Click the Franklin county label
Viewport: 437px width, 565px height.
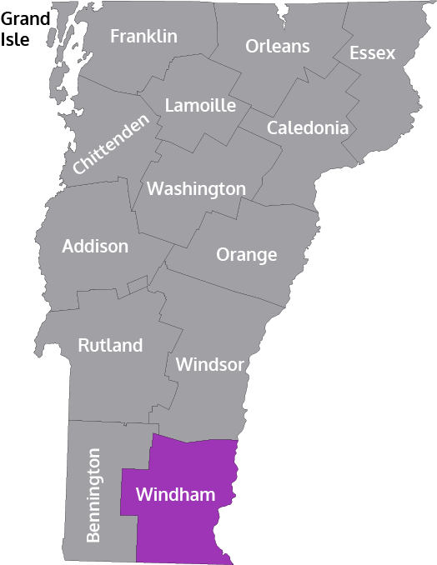(143, 37)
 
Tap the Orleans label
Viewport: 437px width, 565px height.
(278, 47)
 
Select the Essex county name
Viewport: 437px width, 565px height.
(372, 53)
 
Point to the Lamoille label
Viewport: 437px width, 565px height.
(200, 106)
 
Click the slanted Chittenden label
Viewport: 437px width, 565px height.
(110, 143)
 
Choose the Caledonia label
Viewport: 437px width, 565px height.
(307, 128)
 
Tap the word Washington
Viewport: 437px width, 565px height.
(196, 189)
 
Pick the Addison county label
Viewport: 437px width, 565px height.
(95, 247)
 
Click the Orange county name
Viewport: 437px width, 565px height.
(247, 255)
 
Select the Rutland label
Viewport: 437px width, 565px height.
(110, 345)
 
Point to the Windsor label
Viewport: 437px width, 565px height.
(209, 365)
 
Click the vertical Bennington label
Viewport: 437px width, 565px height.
(93, 496)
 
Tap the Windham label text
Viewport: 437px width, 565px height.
(175, 495)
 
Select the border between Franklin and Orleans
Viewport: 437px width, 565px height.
(218, 33)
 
